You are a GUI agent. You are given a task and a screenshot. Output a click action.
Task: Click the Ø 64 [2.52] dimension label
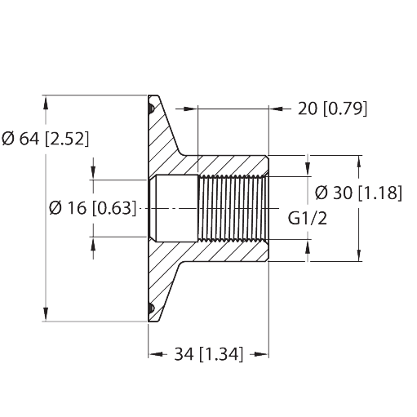45,139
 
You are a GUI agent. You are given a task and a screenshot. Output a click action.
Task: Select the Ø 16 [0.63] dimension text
92,208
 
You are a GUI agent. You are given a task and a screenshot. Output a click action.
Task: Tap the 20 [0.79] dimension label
332,109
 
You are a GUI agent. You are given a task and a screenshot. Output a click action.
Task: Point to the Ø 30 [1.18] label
358,193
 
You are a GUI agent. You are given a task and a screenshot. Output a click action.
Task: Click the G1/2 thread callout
308,218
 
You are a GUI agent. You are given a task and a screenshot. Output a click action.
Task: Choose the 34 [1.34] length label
208,354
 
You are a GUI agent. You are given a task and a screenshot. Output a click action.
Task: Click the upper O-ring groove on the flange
151,109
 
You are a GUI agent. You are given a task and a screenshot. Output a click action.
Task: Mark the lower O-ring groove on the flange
151,308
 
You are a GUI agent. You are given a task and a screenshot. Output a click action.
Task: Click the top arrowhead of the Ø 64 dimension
46,103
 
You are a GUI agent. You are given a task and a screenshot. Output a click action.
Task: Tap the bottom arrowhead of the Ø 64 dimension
46,314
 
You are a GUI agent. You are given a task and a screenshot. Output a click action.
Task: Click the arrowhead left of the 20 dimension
190,109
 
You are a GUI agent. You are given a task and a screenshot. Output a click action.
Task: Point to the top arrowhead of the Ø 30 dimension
359,162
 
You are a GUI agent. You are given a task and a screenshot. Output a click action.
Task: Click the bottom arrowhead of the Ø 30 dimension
359,255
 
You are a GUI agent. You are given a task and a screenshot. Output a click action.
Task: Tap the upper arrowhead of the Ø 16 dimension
93,172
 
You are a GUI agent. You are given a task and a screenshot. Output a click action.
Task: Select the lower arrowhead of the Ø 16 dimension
93,244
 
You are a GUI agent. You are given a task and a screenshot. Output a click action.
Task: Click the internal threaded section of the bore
233,208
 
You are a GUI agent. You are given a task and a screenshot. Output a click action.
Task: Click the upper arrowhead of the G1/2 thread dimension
308,169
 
